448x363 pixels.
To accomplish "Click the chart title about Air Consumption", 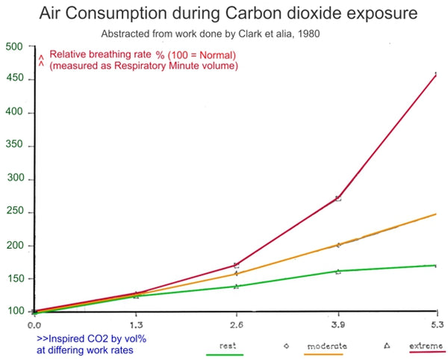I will pos(224,14).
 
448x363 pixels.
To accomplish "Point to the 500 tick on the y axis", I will pos(14,46).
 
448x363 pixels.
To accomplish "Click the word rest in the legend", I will pos(228,346).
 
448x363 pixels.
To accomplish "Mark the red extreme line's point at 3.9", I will pos(338,199).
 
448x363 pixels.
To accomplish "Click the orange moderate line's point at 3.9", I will pos(338,245).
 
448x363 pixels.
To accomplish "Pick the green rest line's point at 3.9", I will pos(338,271).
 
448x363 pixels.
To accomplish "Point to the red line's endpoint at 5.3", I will pos(436,73).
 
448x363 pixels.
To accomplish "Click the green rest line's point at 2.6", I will pos(237,286).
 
